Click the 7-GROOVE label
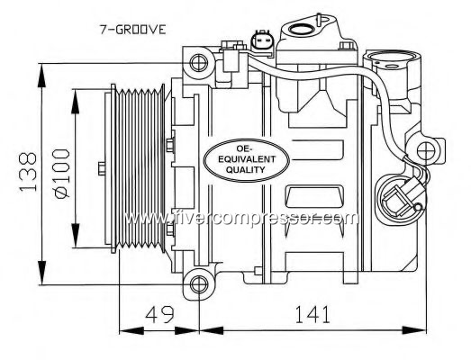pos(132,30)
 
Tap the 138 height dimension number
pos(28,172)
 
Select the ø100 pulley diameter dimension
pos(62,174)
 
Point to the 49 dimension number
pos(159,314)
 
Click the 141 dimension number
pos(312,314)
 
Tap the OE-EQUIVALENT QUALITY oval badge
pos(247,160)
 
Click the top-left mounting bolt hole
pos(198,63)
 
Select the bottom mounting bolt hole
pos(199,284)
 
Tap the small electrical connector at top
pos(261,40)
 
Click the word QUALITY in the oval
pos(246,170)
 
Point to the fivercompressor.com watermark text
pos(241,219)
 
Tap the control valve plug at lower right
pos(402,199)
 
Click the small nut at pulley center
pos(102,168)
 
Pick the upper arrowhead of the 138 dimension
pos(42,75)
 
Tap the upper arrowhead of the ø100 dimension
pos(76,101)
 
